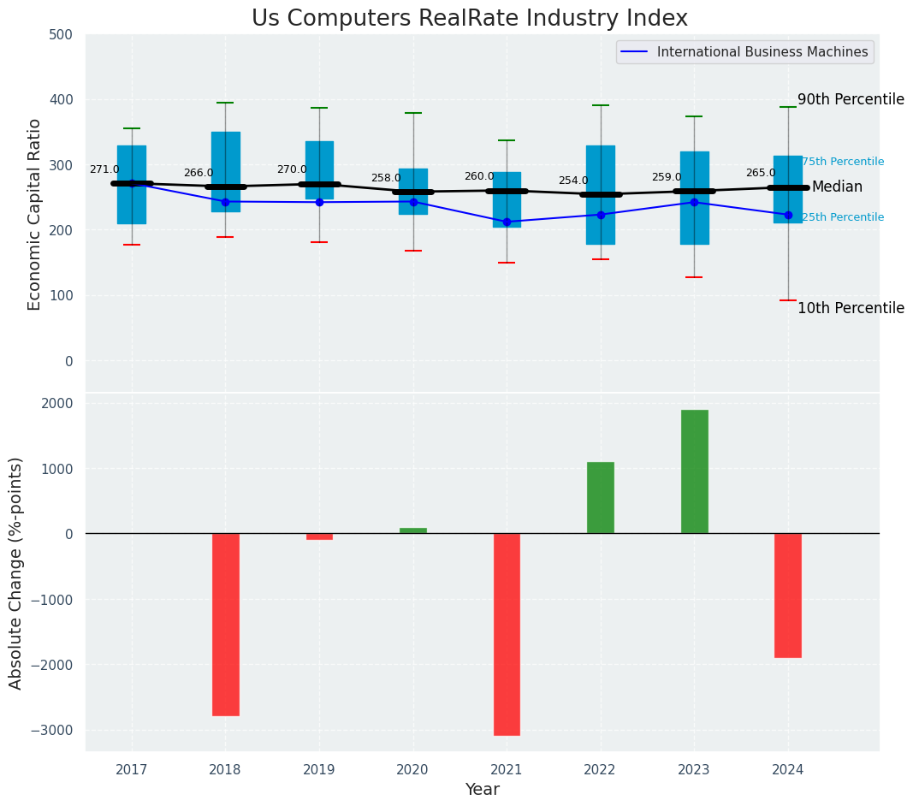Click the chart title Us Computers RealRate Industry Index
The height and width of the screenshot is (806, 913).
[x=469, y=19]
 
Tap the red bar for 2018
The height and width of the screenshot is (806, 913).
[x=225, y=625]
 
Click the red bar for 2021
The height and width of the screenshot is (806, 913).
[x=507, y=634]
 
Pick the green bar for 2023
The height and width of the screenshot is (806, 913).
[x=694, y=471]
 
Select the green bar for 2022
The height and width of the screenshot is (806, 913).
[x=600, y=498]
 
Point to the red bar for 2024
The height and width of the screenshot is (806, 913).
[x=788, y=596]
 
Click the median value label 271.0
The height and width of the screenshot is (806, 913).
[x=104, y=170]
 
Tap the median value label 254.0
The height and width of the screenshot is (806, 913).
[x=573, y=181]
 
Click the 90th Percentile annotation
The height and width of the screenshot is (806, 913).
[x=851, y=99]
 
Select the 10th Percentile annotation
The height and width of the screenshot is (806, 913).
[x=851, y=308]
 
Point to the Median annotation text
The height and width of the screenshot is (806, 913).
[x=837, y=187]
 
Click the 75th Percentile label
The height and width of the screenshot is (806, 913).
[x=843, y=162]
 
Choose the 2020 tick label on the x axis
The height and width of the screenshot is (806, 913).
[x=413, y=770]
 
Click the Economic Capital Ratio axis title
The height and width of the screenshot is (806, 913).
[x=35, y=214]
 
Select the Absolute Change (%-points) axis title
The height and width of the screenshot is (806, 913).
[x=16, y=572]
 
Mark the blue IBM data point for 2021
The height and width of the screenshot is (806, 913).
[x=507, y=222]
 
